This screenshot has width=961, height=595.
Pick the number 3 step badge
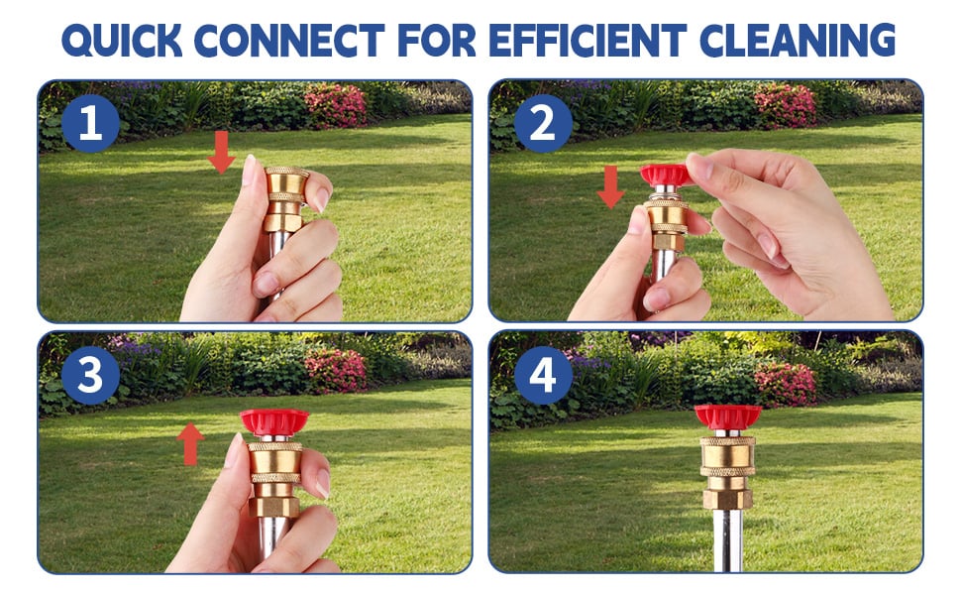90,375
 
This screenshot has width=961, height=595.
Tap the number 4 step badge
543,375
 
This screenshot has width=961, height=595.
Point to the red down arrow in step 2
611,185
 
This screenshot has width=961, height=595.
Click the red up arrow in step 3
190,443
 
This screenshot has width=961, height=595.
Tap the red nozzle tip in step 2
665,176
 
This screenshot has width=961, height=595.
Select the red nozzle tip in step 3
274,421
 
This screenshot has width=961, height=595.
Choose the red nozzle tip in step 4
727,416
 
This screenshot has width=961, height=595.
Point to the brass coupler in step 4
727,470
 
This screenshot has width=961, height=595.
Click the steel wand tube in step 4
727,540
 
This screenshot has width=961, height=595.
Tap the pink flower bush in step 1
335,104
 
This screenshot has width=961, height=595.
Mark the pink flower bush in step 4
785,384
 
